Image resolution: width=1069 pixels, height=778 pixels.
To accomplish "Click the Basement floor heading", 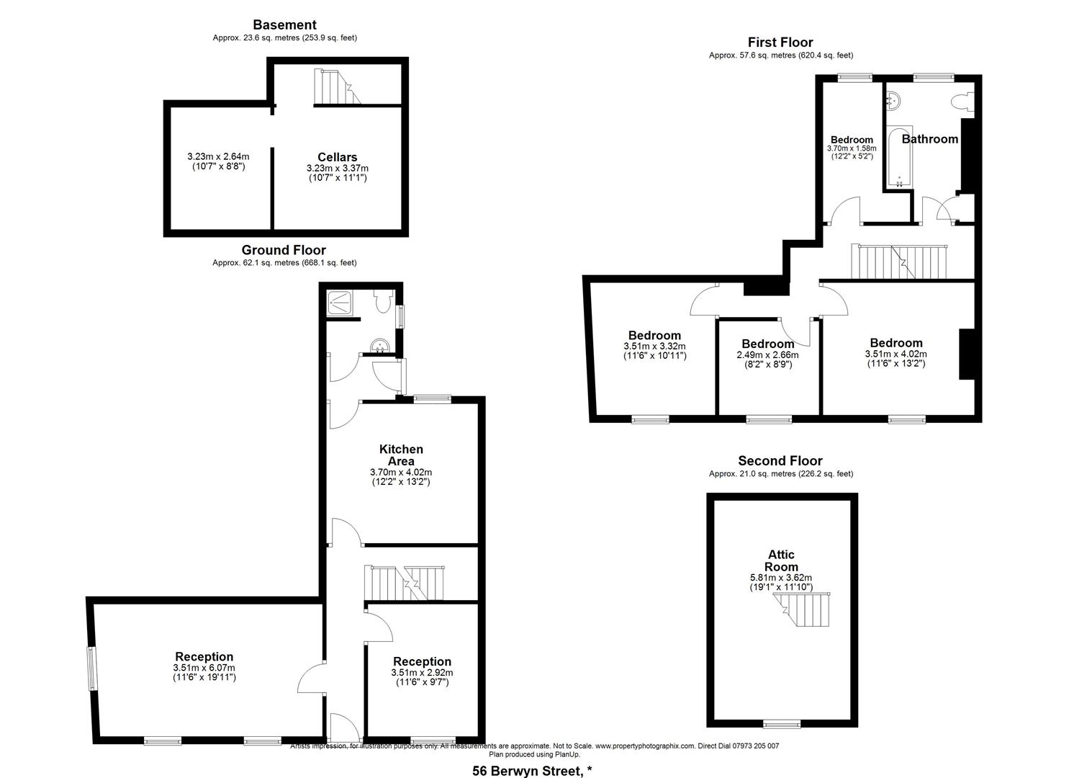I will click(284, 25).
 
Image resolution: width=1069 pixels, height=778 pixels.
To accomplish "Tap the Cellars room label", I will click(337, 157).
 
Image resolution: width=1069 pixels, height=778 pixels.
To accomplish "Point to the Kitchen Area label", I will click(401, 455).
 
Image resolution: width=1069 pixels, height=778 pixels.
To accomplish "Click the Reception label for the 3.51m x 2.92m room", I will click(422, 661).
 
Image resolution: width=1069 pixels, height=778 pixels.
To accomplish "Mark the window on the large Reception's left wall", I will click(91, 669).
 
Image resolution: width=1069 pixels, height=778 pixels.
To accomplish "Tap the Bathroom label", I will click(929, 139).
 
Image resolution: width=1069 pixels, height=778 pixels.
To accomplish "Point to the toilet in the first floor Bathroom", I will click(962, 104).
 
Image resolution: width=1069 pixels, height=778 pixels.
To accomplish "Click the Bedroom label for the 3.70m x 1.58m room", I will click(852, 140).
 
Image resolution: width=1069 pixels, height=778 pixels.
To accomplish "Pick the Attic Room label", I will click(781, 560).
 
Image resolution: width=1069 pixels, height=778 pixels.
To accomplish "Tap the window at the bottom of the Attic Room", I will click(782, 723).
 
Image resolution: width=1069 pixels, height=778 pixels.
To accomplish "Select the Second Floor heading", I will click(780, 461).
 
